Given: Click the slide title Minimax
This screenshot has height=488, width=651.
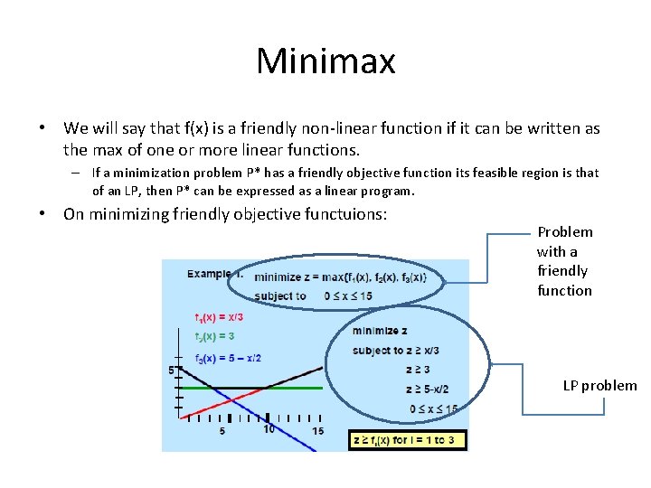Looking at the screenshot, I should coord(325,61).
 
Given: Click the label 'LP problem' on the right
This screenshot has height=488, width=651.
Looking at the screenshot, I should coord(599,386).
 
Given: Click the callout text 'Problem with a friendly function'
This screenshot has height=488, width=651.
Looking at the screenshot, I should coord(564,261).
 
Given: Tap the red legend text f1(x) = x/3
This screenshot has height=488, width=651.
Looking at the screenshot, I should coord(219,317).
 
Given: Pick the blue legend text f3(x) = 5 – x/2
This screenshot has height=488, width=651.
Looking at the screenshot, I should coord(228,358).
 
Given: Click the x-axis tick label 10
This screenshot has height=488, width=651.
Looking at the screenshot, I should coord(269,429).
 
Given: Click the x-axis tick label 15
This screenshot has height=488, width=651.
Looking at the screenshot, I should coord(317,431).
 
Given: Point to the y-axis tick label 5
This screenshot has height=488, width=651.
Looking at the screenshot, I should coord(171,371).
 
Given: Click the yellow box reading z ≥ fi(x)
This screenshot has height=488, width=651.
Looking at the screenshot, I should coord(408,440).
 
